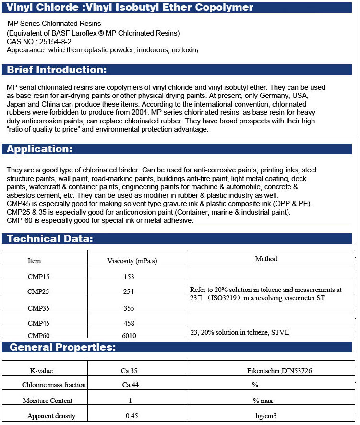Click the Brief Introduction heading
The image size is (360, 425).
pos(57,70)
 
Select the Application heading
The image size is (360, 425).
pos(39,149)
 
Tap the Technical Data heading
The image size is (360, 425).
pos(50,239)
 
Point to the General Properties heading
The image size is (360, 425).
pos(62,347)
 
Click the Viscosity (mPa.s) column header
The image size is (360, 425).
pos(132,261)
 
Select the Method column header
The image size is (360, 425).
pos(266,259)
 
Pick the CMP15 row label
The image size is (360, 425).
pos(38,277)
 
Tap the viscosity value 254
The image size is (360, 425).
pos(128,291)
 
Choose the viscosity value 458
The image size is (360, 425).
pos(128,323)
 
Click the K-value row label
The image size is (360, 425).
pos(41,370)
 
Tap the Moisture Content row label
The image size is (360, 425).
pos(48,401)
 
